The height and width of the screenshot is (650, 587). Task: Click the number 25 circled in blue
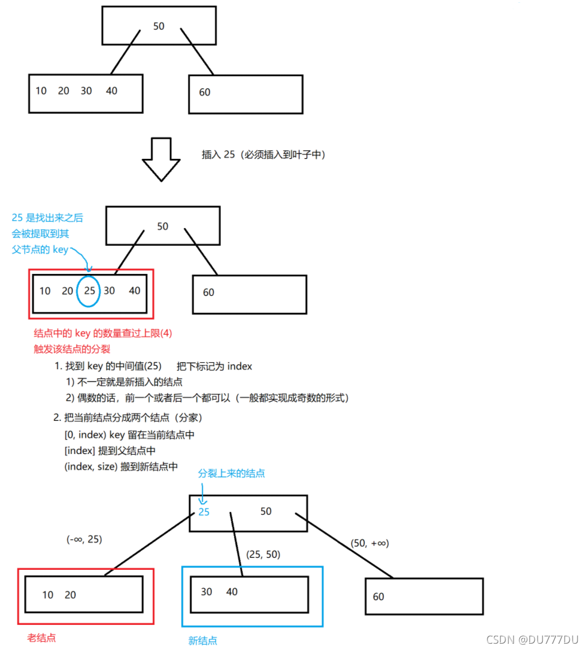90,291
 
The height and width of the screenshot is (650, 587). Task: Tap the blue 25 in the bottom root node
204,512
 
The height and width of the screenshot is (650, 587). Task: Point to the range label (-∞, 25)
84,539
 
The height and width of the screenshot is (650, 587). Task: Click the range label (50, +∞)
370,543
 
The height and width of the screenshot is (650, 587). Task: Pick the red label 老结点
42,637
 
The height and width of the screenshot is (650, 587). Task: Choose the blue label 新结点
203,641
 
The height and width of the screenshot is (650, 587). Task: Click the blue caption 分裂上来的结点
231,473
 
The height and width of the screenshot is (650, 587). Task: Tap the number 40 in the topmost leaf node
112,91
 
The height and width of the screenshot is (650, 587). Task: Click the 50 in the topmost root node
160,26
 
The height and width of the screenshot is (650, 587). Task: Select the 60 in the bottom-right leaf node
379,597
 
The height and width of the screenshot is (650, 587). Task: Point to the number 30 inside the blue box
207,592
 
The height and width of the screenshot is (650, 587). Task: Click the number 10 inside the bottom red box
48,595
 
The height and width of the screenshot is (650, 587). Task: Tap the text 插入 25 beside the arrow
218,154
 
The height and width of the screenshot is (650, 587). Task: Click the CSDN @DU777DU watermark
532,639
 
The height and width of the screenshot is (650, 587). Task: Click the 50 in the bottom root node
266,511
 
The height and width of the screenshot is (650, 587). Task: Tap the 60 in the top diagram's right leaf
205,92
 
